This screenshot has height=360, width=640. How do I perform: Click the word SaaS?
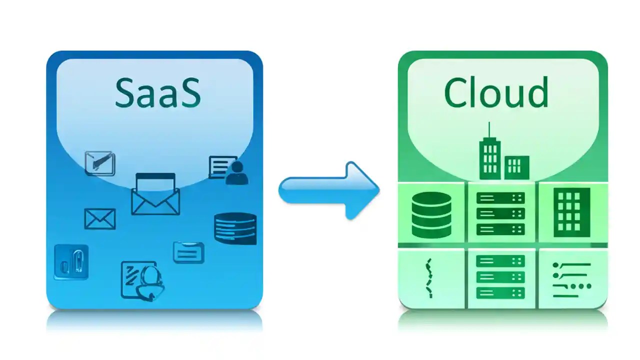157,93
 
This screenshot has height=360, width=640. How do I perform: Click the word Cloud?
495,93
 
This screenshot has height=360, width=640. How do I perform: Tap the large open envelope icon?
155,194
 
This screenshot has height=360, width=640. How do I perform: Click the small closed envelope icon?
100,219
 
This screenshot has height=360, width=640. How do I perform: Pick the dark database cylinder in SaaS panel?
235,229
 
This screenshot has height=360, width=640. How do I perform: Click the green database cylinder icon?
431,215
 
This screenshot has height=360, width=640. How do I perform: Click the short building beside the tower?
516,166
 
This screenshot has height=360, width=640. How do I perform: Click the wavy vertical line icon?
428,278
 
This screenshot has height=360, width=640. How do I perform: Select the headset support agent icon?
150,282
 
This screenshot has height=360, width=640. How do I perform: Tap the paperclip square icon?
71,262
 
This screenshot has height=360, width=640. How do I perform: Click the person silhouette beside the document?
236,173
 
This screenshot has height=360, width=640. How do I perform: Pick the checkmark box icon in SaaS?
100,163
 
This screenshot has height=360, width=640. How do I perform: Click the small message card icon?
188,252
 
